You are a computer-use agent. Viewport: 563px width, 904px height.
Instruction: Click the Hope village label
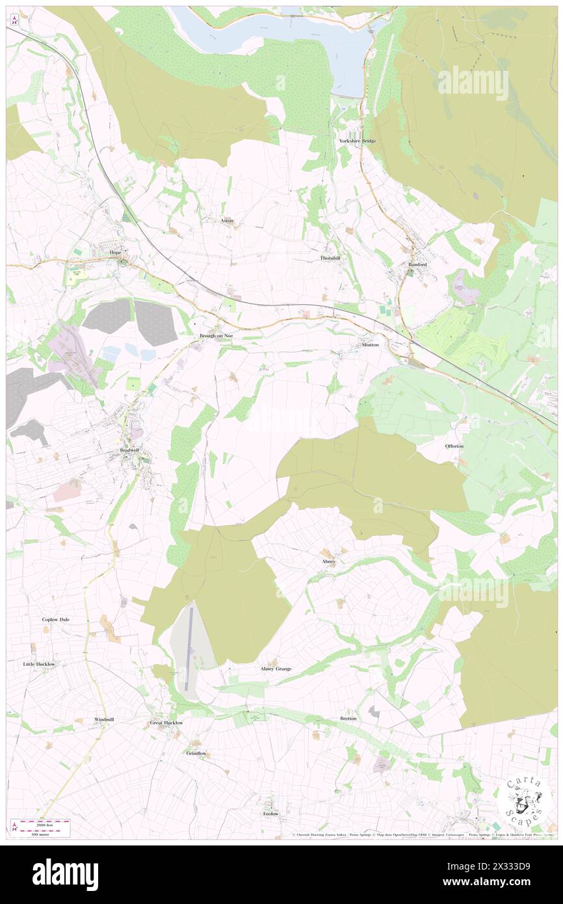click(x=116, y=252)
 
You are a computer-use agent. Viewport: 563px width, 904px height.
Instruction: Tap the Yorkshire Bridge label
click(x=357, y=140)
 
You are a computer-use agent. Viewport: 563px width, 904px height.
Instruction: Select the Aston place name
click(x=227, y=220)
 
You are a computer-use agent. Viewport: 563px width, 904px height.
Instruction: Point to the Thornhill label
click(x=330, y=258)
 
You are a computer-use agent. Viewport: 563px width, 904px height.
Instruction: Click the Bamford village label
click(x=417, y=265)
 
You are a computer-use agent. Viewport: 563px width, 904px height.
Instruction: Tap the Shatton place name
click(x=370, y=344)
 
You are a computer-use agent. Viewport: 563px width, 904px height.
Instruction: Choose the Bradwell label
click(x=129, y=450)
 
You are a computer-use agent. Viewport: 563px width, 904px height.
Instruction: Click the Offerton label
click(x=454, y=445)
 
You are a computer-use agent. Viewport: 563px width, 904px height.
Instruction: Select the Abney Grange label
click(x=276, y=669)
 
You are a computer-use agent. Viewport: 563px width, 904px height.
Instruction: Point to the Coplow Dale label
click(x=56, y=620)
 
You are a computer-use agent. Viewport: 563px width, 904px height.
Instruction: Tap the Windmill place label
click(x=104, y=719)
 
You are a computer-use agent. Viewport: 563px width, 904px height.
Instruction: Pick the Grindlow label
click(x=196, y=753)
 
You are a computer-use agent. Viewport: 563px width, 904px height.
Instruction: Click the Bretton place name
click(x=348, y=719)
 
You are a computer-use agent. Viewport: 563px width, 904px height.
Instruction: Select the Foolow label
click(x=270, y=814)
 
